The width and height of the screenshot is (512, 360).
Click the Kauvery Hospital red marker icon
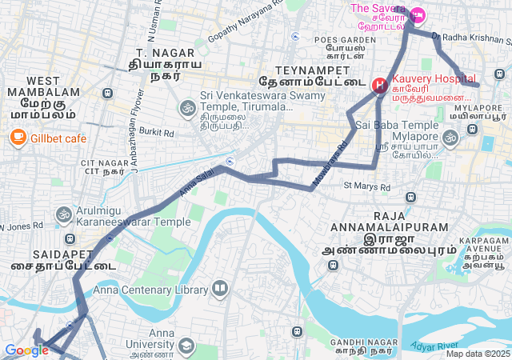[x=380, y=83]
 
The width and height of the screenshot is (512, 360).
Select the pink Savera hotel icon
[x=417, y=15]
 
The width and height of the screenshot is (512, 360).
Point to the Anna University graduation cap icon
[x=186, y=346]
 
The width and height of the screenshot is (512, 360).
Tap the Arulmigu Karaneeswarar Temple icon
[x=63, y=214]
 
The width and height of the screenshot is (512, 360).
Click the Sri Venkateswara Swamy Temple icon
[x=188, y=106]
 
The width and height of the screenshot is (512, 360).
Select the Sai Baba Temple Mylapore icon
[x=450, y=138]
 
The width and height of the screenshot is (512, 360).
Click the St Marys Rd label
[x=366, y=187]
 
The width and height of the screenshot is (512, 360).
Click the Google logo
[x=26, y=350]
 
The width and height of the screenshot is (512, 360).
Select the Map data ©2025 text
[x=478, y=354]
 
